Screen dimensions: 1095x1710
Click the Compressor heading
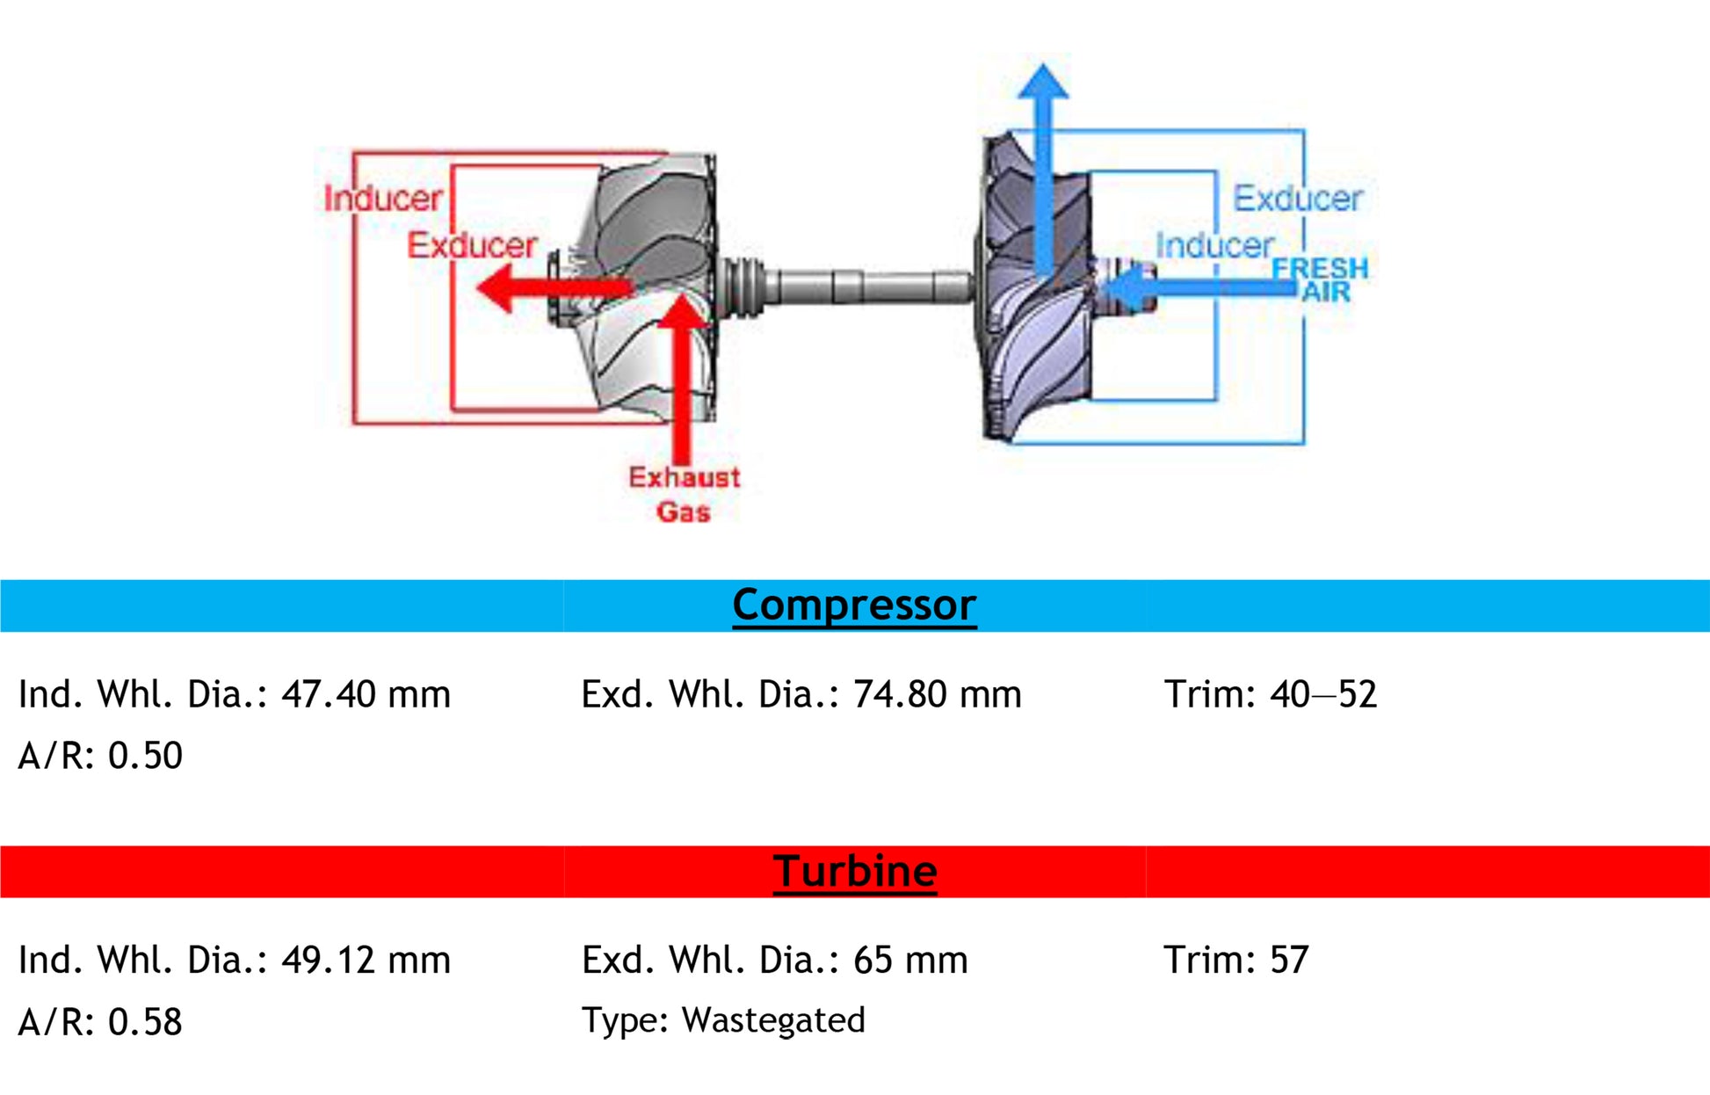point(854,606)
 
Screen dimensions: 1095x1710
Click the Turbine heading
point(855,872)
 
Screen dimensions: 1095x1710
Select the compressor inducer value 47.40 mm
point(366,694)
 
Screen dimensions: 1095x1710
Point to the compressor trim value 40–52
point(1322,694)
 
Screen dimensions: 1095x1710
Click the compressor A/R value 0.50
point(145,756)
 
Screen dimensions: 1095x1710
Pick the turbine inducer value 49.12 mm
point(366,960)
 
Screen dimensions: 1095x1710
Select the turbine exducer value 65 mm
point(910,960)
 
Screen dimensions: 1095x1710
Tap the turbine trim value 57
point(1289,960)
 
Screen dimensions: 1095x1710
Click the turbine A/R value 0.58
point(145,1022)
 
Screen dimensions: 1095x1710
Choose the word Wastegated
point(773,1020)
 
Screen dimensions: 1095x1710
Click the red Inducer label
point(382,199)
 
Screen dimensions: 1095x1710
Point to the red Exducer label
point(472,245)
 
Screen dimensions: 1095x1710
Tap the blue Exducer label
point(1298,199)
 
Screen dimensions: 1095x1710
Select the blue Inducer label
point(1214,245)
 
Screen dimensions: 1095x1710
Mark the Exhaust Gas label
point(684,495)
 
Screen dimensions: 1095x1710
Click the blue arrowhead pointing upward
point(1043,81)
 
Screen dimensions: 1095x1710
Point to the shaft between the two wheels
point(866,286)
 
